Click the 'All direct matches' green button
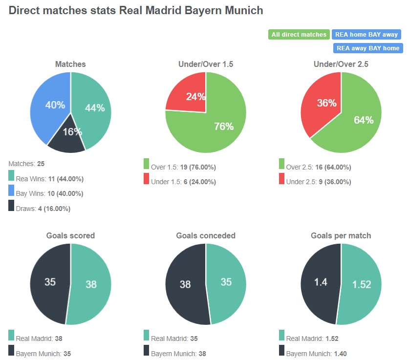(x=299, y=35)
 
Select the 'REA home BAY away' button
(x=366, y=35)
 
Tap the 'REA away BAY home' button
(x=367, y=48)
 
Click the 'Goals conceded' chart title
(x=206, y=235)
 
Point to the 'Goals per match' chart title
(x=341, y=235)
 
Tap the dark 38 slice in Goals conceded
(x=185, y=284)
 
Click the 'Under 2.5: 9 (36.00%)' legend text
(x=318, y=182)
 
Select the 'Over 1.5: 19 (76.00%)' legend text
(x=183, y=167)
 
